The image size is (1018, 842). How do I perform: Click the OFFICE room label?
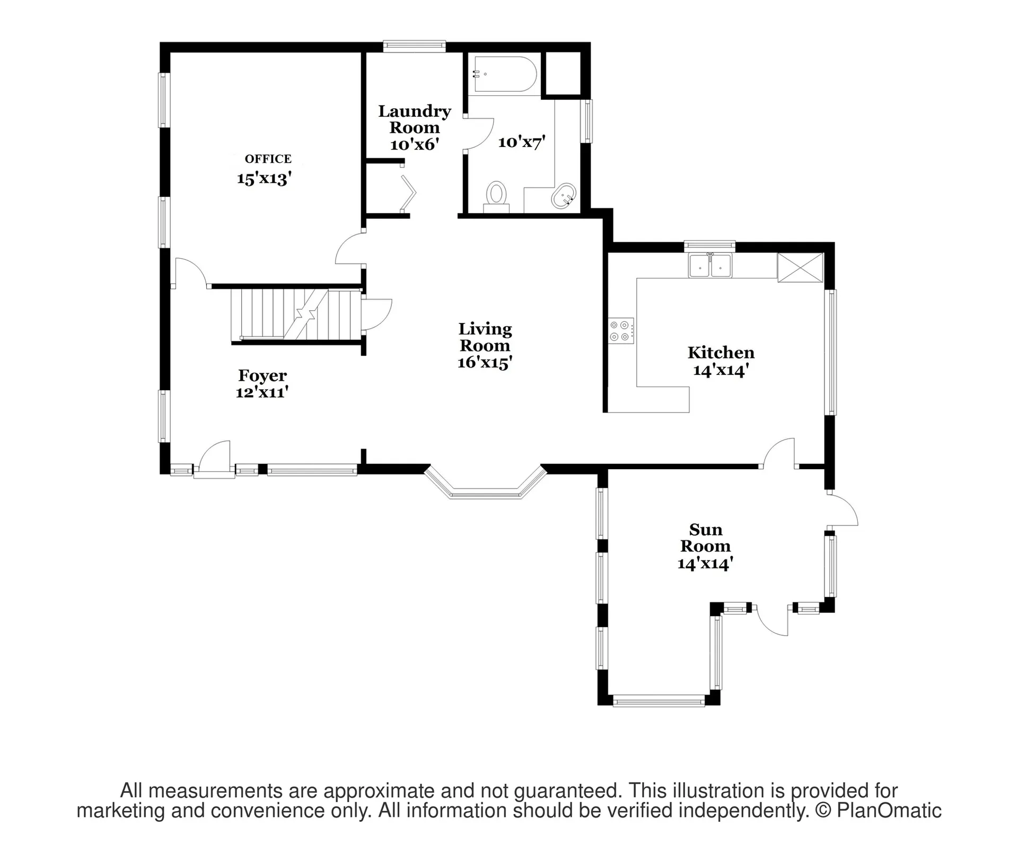268,159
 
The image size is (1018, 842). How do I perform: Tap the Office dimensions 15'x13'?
265,178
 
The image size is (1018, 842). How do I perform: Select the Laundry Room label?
414,119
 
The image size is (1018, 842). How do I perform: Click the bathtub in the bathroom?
503,74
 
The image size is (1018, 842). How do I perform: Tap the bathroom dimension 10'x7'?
522,142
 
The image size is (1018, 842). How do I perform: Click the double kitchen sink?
710,265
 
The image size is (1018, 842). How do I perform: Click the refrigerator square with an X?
800,267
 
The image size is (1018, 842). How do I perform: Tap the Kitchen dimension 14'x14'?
721,370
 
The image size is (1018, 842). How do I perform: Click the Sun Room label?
706,538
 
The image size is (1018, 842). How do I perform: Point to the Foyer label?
262,375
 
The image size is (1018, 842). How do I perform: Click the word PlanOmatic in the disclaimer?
889,811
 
